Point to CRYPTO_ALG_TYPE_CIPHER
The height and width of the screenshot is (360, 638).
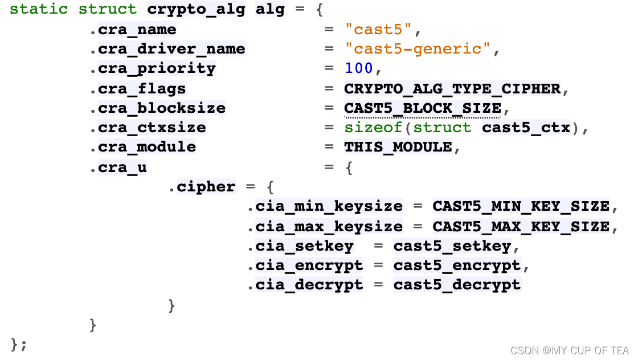click(452, 88)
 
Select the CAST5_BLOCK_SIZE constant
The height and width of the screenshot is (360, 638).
click(422, 108)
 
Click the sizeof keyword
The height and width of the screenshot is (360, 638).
click(373, 128)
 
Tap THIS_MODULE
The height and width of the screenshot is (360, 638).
click(398, 147)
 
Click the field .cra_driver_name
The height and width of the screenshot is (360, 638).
click(167, 49)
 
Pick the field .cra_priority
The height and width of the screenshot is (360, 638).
click(152, 68)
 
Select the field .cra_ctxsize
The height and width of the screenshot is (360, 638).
click(148, 128)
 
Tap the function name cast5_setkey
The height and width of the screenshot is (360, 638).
click(452, 246)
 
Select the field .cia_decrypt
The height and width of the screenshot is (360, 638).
click(305, 285)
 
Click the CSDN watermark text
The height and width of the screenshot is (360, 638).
click(569, 350)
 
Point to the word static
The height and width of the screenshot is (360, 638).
click(39, 10)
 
